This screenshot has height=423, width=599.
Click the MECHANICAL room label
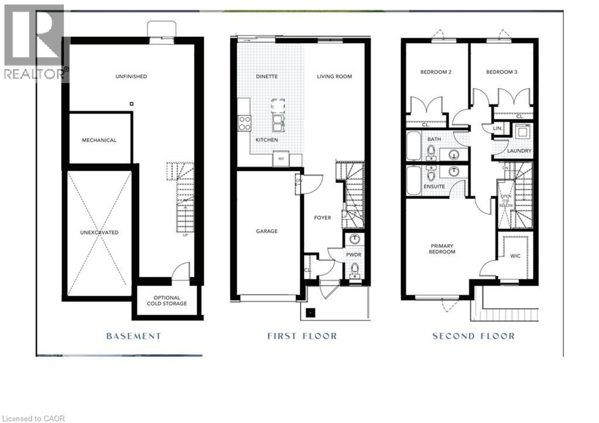point(99,140)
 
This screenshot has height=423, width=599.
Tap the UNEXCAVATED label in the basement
point(99,232)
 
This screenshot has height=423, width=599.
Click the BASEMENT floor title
point(133,336)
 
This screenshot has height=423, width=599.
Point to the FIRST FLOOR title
point(302,336)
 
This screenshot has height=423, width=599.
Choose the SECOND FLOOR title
point(473,336)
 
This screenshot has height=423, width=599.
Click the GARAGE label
point(266,231)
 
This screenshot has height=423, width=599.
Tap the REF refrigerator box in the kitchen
point(281,159)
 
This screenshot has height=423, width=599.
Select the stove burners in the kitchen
point(245,123)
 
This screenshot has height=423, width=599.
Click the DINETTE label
point(266,77)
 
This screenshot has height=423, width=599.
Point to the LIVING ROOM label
point(335,77)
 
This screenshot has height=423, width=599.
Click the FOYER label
point(322,218)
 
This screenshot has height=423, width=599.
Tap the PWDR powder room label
point(353,256)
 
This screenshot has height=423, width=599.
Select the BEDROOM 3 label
point(501,73)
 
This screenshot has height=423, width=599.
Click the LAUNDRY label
point(519,151)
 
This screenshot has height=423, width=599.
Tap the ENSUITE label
point(435,187)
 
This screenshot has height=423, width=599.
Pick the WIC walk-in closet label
point(515,256)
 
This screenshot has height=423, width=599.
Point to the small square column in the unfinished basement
point(132,104)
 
